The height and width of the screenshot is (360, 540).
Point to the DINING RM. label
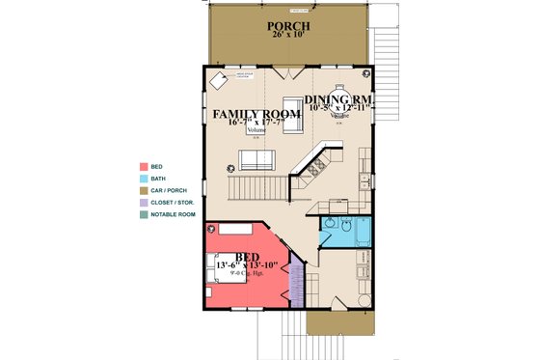pyautogui.click(x=339, y=100)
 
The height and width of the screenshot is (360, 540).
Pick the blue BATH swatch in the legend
pyautogui.click(x=143, y=179)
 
